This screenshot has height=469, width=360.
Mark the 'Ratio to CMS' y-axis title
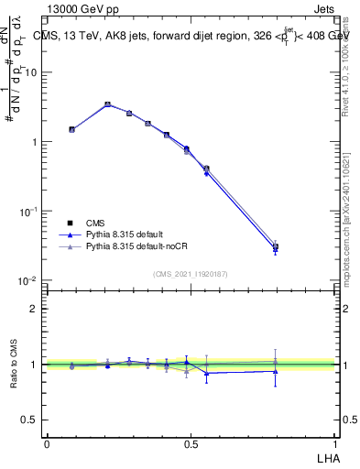coord(14,365)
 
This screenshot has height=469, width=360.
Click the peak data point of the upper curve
coord(107,104)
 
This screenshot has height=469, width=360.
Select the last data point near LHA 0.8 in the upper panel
coord(275,246)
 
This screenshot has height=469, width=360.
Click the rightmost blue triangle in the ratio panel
coord(275,371)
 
